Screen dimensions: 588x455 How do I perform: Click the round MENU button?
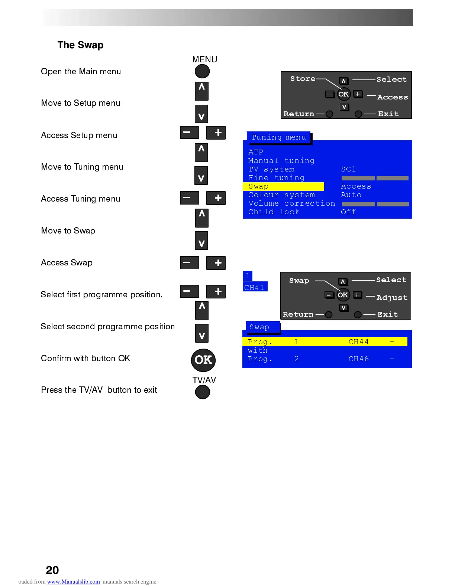point(202,71)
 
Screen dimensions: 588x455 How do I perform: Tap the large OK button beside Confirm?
point(203,360)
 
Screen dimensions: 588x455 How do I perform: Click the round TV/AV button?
point(203,392)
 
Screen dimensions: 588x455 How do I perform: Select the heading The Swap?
point(80,45)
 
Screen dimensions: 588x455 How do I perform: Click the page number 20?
point(52,570)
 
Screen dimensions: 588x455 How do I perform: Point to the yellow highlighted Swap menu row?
point(283,186)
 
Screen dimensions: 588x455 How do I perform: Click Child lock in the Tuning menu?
point(274,212)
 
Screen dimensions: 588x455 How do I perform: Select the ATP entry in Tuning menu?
point(256,152)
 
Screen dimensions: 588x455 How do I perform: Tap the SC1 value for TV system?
point(348,169)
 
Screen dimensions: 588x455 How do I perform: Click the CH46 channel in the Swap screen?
point(359,359)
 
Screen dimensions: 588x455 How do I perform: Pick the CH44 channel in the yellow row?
point(359,342)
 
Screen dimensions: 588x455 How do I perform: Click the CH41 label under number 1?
point(255,287)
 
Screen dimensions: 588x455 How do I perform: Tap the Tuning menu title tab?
point(279,137)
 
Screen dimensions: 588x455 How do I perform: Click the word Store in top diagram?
point(303,79)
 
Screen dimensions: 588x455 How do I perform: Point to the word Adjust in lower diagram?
point(392,297)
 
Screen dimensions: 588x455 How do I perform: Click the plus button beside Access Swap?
point(216,263)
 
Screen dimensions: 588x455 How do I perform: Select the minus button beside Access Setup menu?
point(189,133)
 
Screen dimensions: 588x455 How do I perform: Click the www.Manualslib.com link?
point(74,582)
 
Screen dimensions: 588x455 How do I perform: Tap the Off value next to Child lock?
point(348,212)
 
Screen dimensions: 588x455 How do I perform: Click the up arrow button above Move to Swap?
point(201,218)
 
